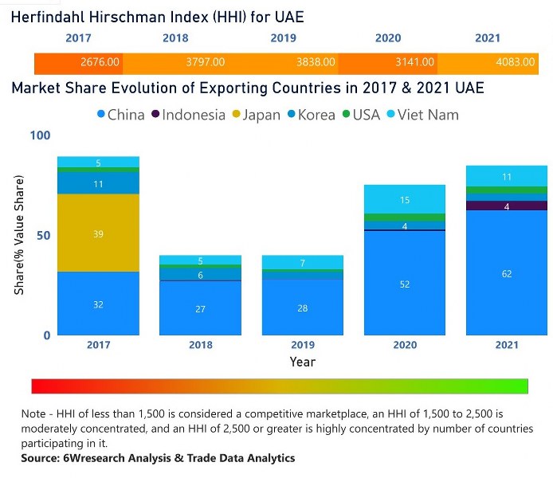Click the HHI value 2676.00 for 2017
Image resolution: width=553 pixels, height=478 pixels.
(x=100, y=62)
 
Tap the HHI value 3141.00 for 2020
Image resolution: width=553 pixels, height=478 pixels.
(x=415, y=62)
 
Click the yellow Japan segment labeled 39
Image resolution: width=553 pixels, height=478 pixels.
(x=98, y=233)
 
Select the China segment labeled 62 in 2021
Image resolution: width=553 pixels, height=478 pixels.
(x=507, y=273)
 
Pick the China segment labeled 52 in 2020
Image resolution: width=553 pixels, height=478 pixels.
(x=405, y=284)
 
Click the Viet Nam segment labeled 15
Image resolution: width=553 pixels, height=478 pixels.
(x=405, y=199)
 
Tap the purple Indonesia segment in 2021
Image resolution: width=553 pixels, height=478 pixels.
(x=507, y=206)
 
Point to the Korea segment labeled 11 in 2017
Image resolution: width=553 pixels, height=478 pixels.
(x=98, y=183)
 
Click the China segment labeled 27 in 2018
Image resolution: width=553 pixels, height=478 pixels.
(x=200, y=308)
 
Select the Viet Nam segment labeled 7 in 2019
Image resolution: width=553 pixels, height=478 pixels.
(x=303, y=263)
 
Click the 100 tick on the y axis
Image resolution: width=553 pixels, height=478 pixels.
(x=39, y=135)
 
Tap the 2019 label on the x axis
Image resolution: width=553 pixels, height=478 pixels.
(x=303, y=345)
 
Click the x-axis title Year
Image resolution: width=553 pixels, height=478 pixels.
(x=302, y=362)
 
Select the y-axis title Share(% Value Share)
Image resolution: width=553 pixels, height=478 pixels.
(x=18, y=235)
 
